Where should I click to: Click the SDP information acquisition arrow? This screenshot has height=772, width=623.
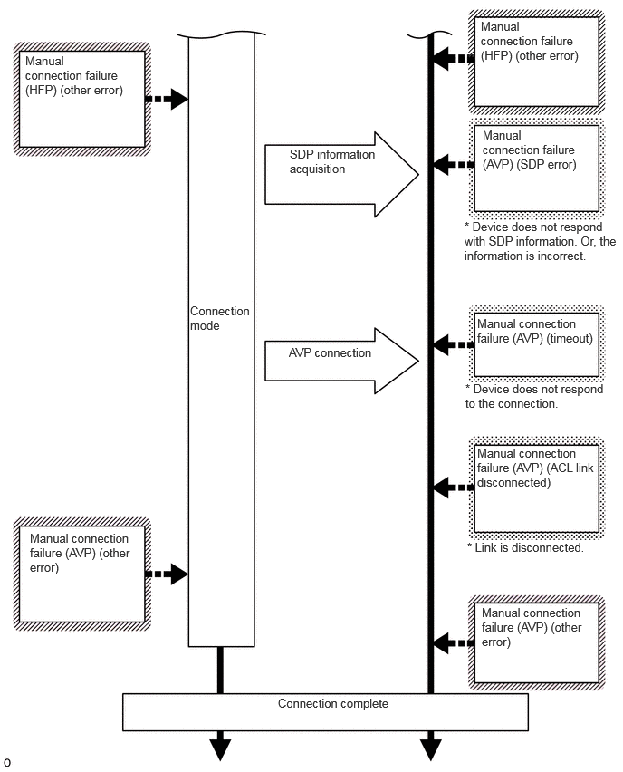[x=341, y=174]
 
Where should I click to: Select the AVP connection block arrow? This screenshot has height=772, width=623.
[x=341, y=361]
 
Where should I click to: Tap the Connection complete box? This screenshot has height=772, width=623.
[x=325, y=712]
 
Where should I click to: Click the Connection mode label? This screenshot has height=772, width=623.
[x=219, y=319]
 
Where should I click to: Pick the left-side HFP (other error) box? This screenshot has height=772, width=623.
[x=81, y=99]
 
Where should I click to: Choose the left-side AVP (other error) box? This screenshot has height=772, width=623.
[x=81, y=574]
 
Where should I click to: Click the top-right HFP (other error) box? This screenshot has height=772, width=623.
[x=536, y=62]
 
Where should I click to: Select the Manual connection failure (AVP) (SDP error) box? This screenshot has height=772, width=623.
[x=536, y=169]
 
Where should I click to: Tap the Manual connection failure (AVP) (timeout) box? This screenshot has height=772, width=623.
[x=536, y=344]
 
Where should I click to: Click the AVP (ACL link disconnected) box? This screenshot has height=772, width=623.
[x=536, y=488]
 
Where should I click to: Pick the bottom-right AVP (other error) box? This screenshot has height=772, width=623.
[x=536, y=642]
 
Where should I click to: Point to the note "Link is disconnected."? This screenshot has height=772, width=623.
[x=525, y=548]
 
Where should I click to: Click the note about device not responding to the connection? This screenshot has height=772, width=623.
[x=534, y=396]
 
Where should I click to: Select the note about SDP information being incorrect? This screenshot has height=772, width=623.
[x=540, y=241]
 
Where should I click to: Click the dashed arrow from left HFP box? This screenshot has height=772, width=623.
[x=167, y=99]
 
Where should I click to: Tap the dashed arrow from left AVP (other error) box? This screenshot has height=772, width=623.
[x=167, y=574]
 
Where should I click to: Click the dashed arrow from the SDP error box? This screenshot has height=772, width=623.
[x=454, y=164]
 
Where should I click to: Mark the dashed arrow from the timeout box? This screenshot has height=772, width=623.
[x=454, y=344]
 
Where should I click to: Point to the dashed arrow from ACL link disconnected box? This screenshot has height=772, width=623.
[x=454, y=487]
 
